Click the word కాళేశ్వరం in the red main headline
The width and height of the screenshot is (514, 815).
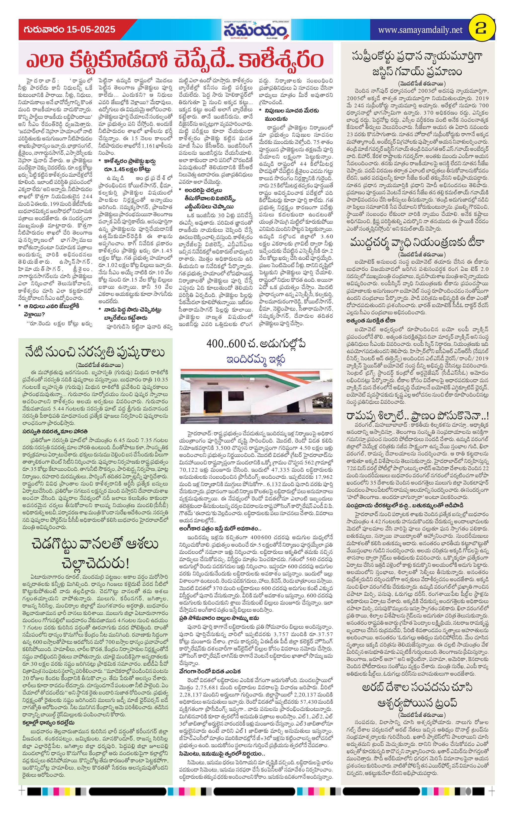[x=280, y=60]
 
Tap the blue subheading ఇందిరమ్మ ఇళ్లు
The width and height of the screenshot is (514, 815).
[x=256, y=358]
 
